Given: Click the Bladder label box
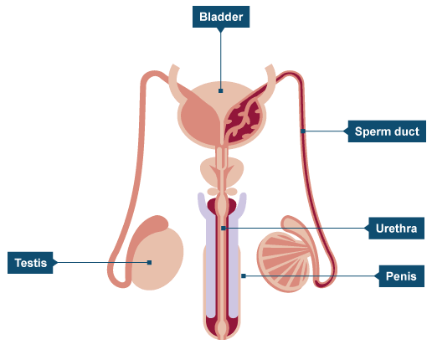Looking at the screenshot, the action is pyautogui.click(x=221, y=17).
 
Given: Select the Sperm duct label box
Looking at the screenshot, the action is pyautogui.click(x=387, y=131).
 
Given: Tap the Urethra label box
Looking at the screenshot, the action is pyautogui.click(x=396, y=229).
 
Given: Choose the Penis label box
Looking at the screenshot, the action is pyautogui.click(x=401, y=276).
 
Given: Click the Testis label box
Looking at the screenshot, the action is pyautogui.click(x=30, y=263).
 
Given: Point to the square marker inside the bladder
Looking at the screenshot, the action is pyautogui.click(x=221, y=90).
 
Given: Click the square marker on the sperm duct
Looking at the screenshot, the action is pyautogui.click(x=303, y=131).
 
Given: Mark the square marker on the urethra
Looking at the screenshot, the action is pyautogui.click(x=223, y=229).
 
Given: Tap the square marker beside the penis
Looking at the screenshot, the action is pyautogui.click(x=244, y=276).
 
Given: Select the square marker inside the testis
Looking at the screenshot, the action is pyautogui.click(x=150, y=262).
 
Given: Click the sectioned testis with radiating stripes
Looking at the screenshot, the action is pyautogui.click(x=283, y=262).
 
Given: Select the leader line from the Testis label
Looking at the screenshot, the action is pyautogui.click(x=102, y=262).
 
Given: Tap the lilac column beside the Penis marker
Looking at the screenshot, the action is pyautogui.click(x=234, y=268).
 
